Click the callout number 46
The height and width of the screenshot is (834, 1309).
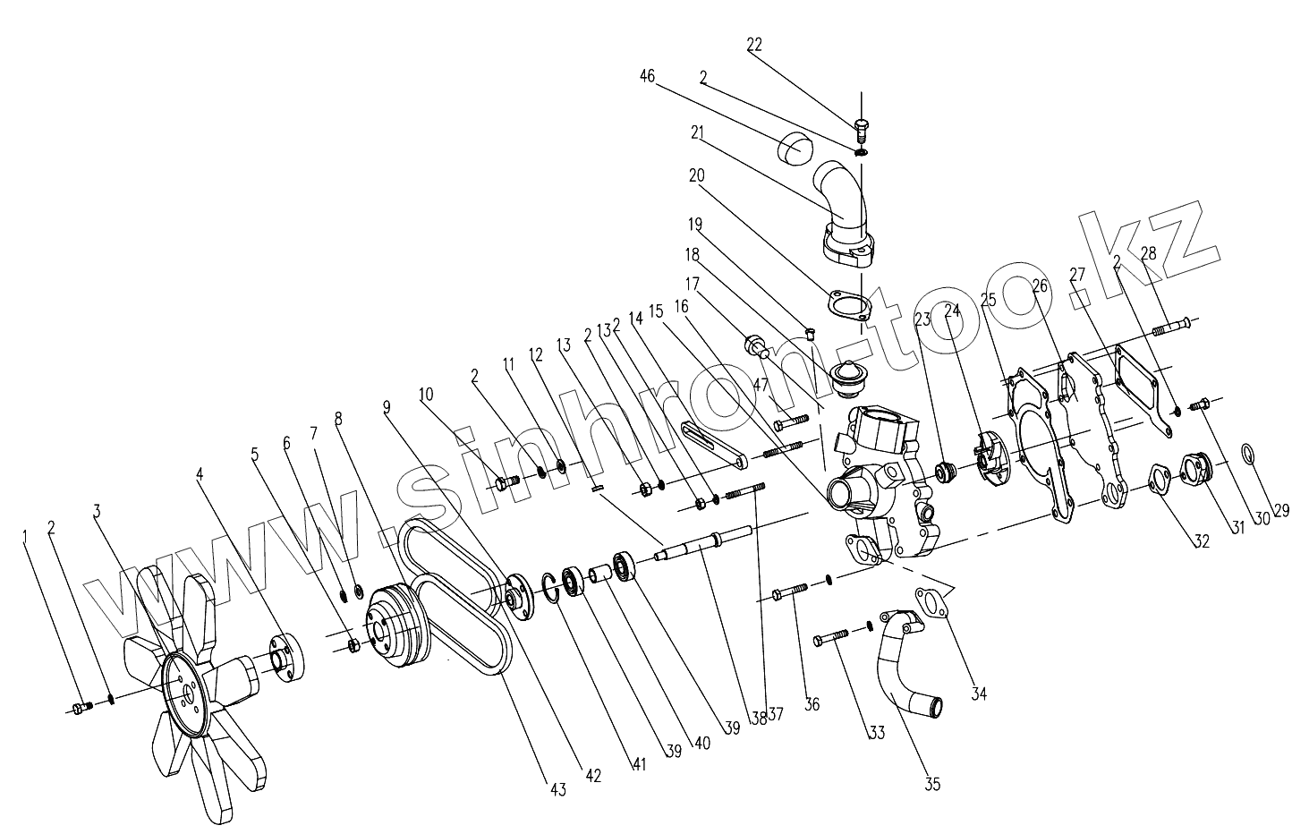pyautogui.click(x=647, y=78)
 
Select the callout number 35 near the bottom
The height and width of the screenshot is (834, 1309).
pyautogui.click(x=932, y=785)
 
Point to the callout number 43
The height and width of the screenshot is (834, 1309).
pyautogui.click(x=557, y=789)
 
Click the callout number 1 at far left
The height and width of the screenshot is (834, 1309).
pyautogui.click(x=26, y=535)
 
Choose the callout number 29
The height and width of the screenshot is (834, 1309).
pyautogui.click(x=1282, y=511)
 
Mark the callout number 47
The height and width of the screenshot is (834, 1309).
pyautogui.click(x=761, y=386)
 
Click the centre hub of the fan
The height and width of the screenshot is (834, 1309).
pyautogui.click(x=185, y=694)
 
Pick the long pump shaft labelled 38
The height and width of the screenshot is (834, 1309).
pyautogui.click(x=689, y=548)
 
